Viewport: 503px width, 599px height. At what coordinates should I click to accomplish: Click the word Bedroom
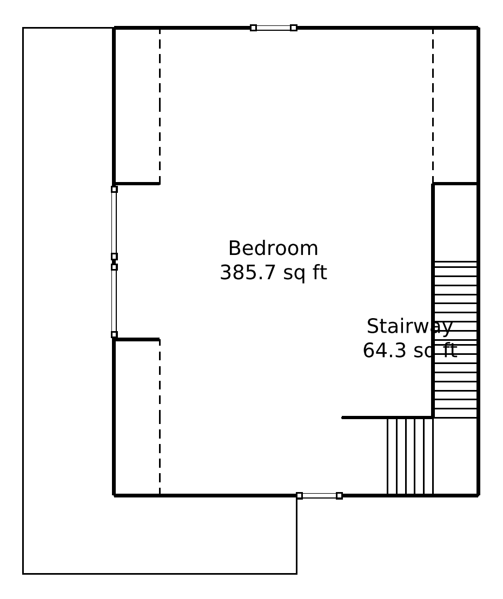[273, 248]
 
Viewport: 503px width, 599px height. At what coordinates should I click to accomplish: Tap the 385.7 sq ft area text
[273, 273]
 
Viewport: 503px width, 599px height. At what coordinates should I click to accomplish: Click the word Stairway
[409, 327]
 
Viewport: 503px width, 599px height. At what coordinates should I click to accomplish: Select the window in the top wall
[274, 28]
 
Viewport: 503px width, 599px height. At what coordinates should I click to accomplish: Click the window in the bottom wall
[320, 495]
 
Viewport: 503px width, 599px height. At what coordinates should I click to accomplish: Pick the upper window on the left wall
[114, 223]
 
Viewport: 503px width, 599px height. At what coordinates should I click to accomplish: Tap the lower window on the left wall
[114, 301]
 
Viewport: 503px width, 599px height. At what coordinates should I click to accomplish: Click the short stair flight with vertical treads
[409, 456]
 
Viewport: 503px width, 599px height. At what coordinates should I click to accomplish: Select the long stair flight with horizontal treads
[455, 340]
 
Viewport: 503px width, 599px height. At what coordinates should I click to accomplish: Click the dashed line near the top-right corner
[433, 106]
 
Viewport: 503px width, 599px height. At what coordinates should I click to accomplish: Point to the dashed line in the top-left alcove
[160, 106]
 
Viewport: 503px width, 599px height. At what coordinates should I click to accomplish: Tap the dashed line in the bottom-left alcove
[160, 417]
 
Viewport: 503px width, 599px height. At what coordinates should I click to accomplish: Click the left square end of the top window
[253, 28]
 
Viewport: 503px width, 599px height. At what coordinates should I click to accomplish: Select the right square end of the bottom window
[339, 496]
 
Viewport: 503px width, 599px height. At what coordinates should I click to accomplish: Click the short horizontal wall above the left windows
[137, 184]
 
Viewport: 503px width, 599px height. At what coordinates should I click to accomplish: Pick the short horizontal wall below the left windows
[137, 339]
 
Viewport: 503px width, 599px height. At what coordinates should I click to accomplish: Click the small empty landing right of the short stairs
[455, 456]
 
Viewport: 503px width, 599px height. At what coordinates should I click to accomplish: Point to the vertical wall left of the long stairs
[433, 301]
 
